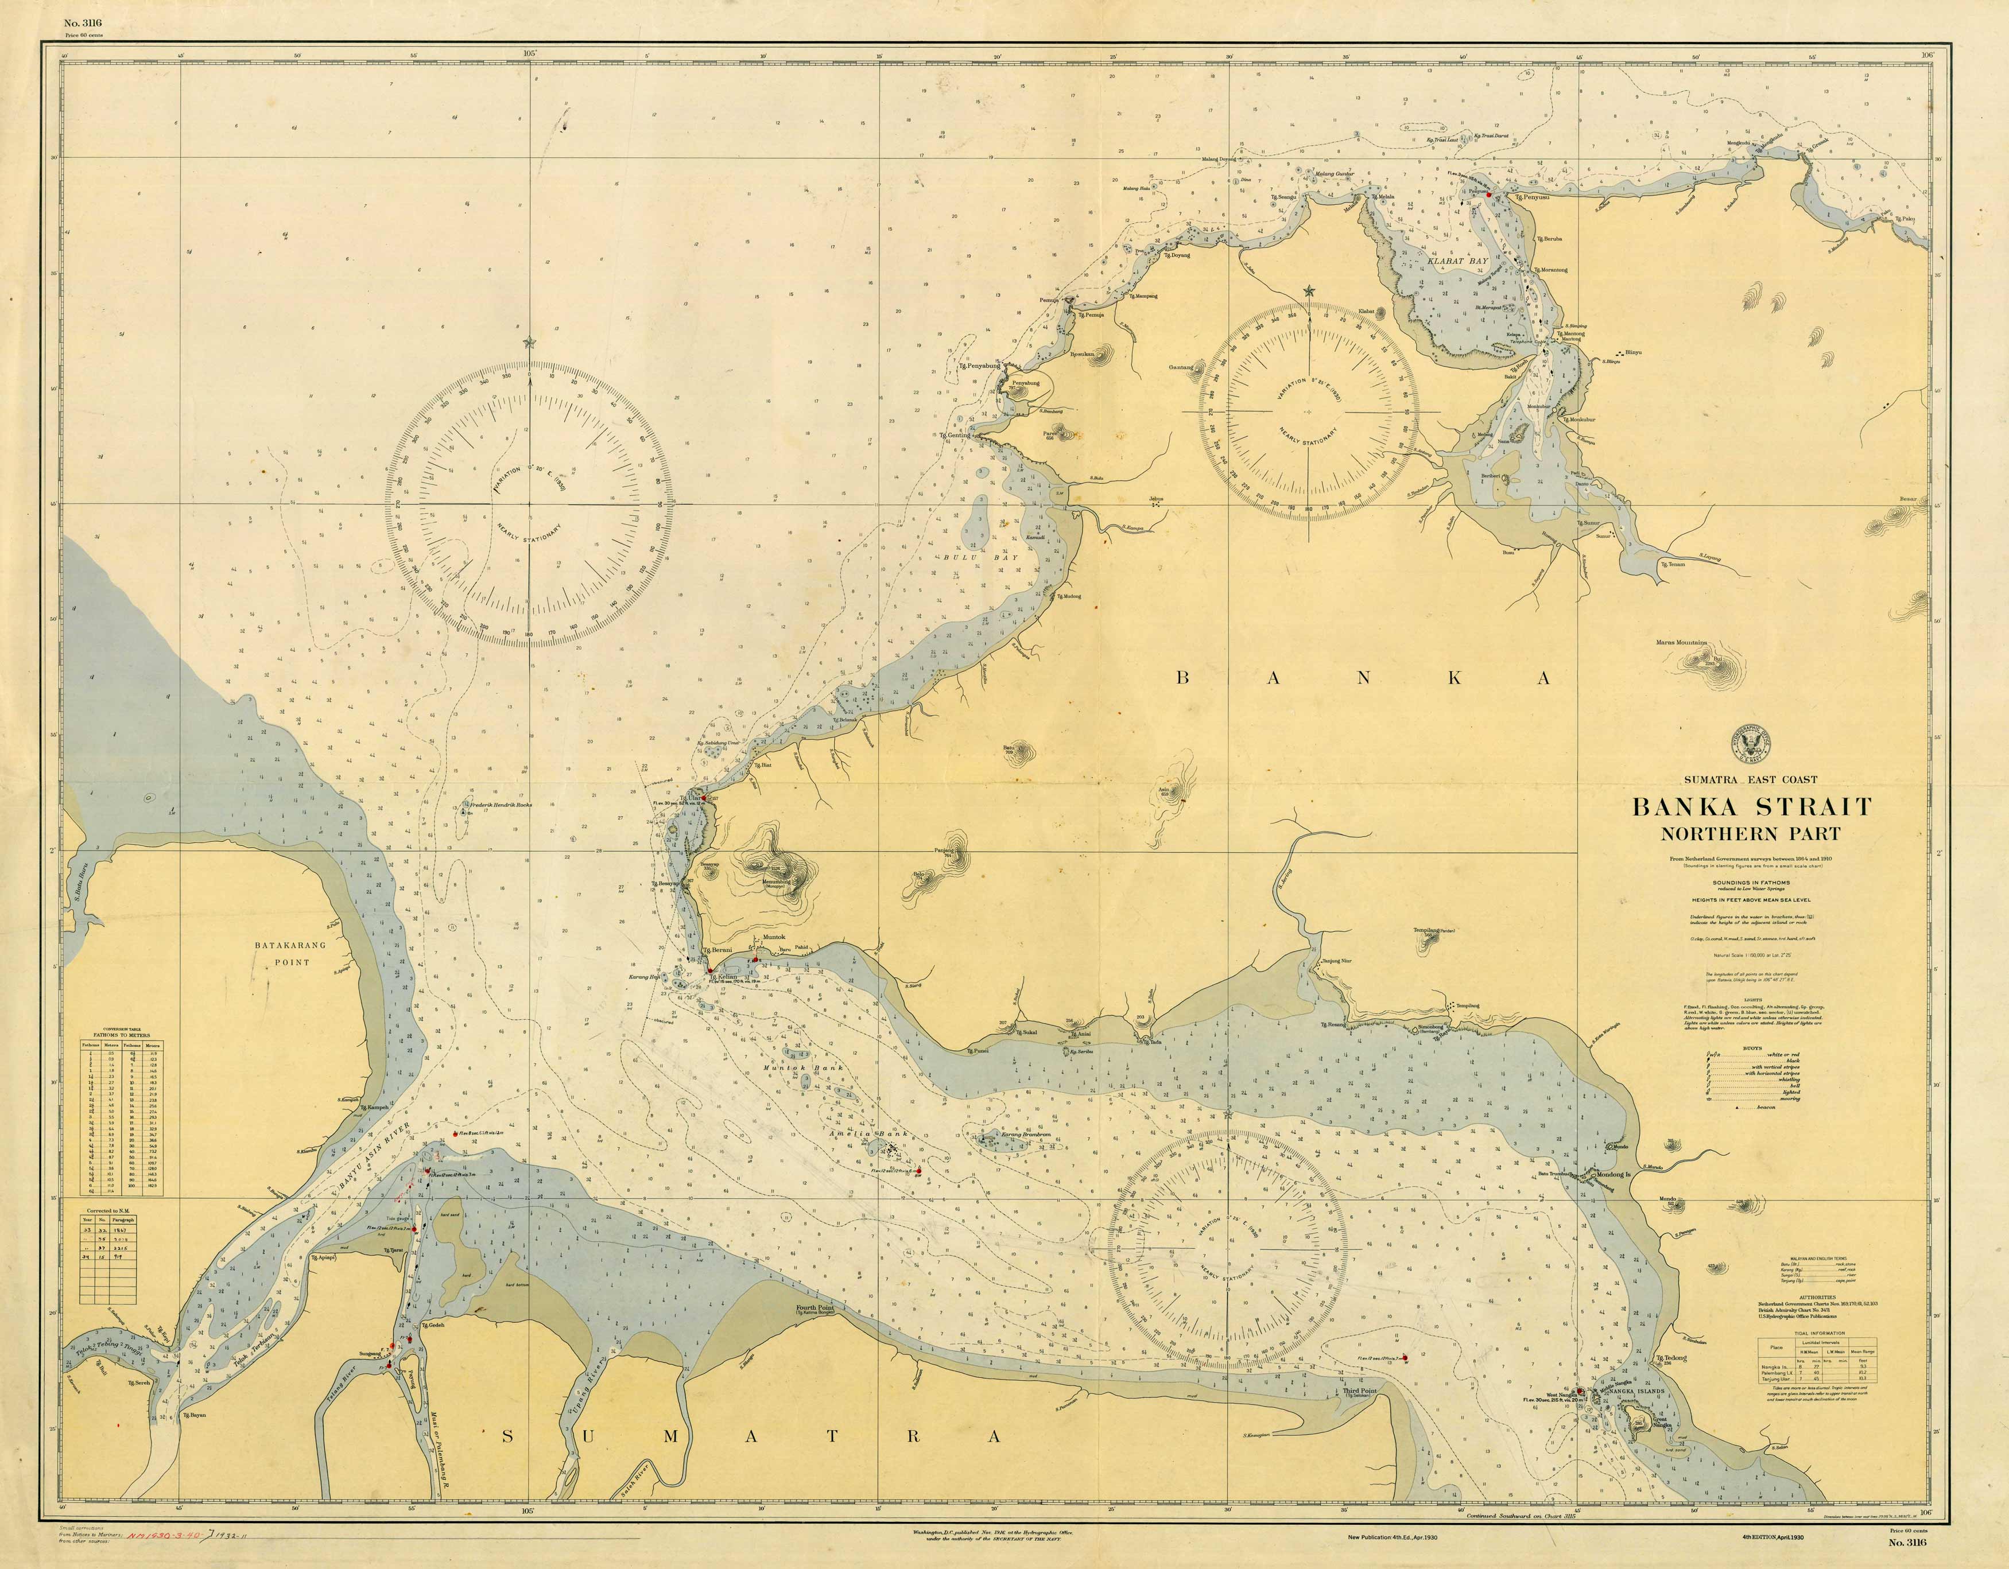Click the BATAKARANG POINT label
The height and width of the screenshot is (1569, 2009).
(x=290, y=953)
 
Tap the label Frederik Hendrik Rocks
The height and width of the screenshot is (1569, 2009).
(x=501, y=804)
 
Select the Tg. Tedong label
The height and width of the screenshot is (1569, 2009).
(x=1671, y=1357)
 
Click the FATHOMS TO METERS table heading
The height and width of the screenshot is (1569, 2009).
(x=126, y=1036)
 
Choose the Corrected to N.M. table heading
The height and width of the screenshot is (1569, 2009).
(x=110, y=1211)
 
